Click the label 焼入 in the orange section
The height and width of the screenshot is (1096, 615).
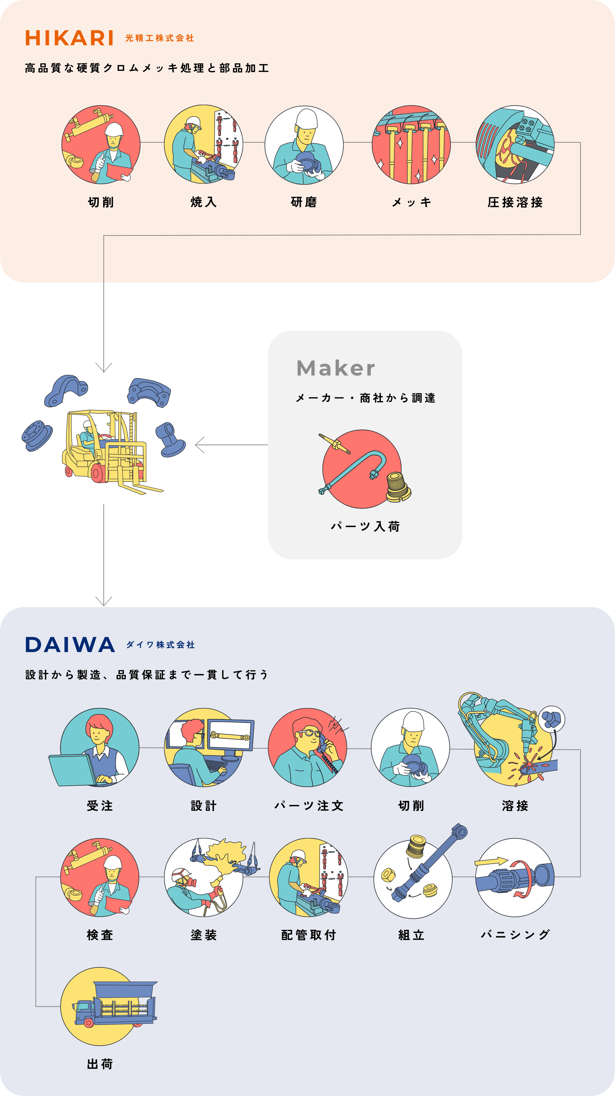click(x=204, y=202)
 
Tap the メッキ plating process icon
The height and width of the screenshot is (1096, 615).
click(x=411, y=145)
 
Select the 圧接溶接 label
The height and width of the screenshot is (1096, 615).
click(x=515, y=202)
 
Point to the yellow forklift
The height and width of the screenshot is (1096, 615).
click(x=106, y=447)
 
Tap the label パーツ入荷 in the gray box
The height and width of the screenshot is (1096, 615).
click(x=365, y=527)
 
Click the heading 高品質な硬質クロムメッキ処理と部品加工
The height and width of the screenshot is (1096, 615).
click(x=147, y=68)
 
